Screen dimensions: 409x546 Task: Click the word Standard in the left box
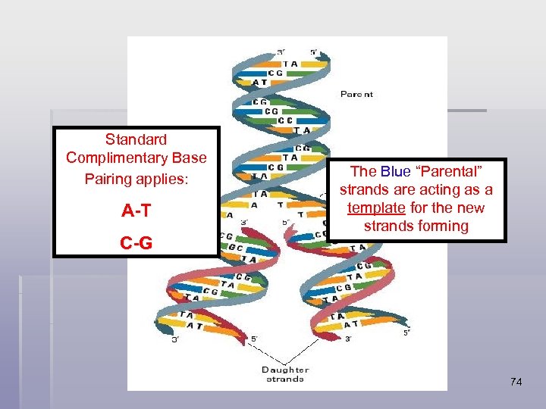136,139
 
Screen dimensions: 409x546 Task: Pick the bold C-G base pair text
136,243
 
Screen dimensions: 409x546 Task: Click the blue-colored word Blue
396,172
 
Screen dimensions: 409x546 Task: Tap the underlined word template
374,208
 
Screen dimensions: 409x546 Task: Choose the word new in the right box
472,208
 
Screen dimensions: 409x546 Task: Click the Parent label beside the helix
356,95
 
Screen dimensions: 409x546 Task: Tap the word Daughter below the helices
285,370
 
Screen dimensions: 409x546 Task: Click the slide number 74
516,382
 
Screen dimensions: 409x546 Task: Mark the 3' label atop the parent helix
281,52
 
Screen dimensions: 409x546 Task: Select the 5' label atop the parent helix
314,52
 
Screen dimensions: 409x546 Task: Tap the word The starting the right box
363,172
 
